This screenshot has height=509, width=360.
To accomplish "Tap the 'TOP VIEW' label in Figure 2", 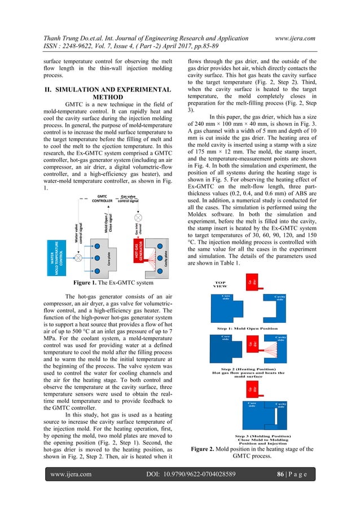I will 220,285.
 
